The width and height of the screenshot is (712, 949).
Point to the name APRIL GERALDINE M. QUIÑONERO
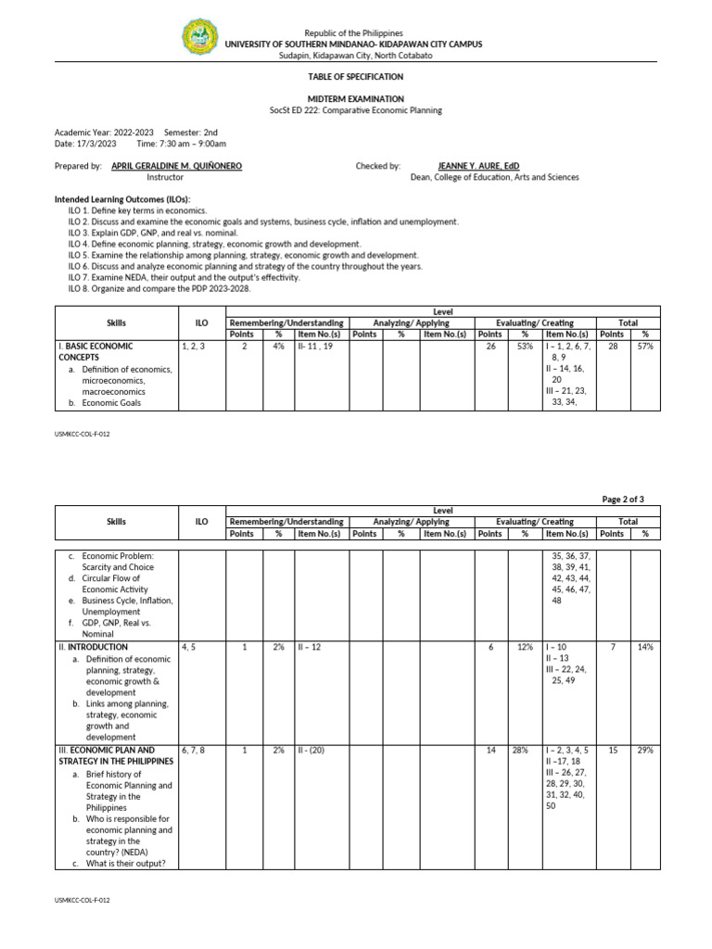pyautogui.click(x=176, y=166)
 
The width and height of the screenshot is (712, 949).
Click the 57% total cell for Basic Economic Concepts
pyautogui.click(x=644, y=346)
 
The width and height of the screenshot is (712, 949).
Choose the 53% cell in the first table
pyautogui.click(x=525, y=346)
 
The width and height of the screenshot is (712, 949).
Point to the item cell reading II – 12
pyautogui.click(x=310, y=647)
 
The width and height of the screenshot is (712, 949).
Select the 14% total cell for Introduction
pyautogui.click(x=644, y=647)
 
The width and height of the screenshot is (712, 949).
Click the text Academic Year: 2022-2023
pyautogui.click(x=105, y=133)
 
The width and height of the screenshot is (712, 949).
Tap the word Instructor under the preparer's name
pyautogui.click(x=165, y=177)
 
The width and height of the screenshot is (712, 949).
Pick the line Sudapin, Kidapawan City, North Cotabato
pyautogui.click(x=355, y=56)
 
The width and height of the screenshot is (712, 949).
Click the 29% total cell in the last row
pyautogui.click(x=644, y=750)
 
